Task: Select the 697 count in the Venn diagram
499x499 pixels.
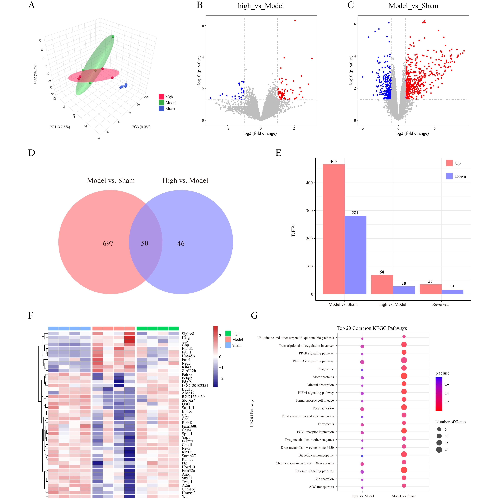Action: coord(108,243)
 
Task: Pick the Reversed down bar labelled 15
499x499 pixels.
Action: coord(452,292)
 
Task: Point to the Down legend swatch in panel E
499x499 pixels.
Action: coord(449,176)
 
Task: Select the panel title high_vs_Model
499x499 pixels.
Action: coord(261,6)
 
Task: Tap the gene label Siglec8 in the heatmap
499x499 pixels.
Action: coord(188,334)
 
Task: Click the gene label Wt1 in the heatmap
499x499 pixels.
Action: coord(185,496)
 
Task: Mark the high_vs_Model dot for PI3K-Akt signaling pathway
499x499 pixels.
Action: coord(362,362)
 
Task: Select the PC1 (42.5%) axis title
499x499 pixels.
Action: coord(60,127)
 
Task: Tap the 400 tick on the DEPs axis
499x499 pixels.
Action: coord(309,183)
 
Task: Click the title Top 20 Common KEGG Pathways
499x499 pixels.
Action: coord(372,328)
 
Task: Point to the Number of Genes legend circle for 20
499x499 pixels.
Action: coord(439,450)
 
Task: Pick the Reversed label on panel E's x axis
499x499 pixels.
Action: coord(440,304)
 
